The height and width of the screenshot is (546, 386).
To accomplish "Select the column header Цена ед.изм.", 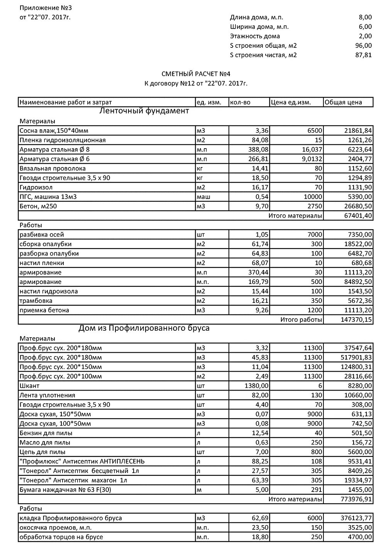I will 291,102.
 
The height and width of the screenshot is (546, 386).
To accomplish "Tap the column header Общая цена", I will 344,102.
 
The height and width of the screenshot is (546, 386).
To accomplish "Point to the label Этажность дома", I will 255,36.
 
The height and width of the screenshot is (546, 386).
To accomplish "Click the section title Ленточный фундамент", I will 144,111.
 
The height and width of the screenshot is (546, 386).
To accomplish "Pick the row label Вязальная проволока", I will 52,168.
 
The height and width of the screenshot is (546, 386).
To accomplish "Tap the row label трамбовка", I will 36,301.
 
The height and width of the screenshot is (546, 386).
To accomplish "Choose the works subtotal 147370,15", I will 357,319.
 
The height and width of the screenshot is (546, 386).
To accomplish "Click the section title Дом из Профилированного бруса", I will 144,328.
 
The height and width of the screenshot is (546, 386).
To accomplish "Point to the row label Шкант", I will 29,385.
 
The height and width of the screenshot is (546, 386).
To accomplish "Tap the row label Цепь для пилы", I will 42,452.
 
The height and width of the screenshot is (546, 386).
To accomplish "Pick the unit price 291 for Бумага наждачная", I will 317,490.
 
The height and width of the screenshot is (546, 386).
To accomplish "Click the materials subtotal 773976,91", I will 357,499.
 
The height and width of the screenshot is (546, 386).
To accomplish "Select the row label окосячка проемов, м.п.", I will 56,527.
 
